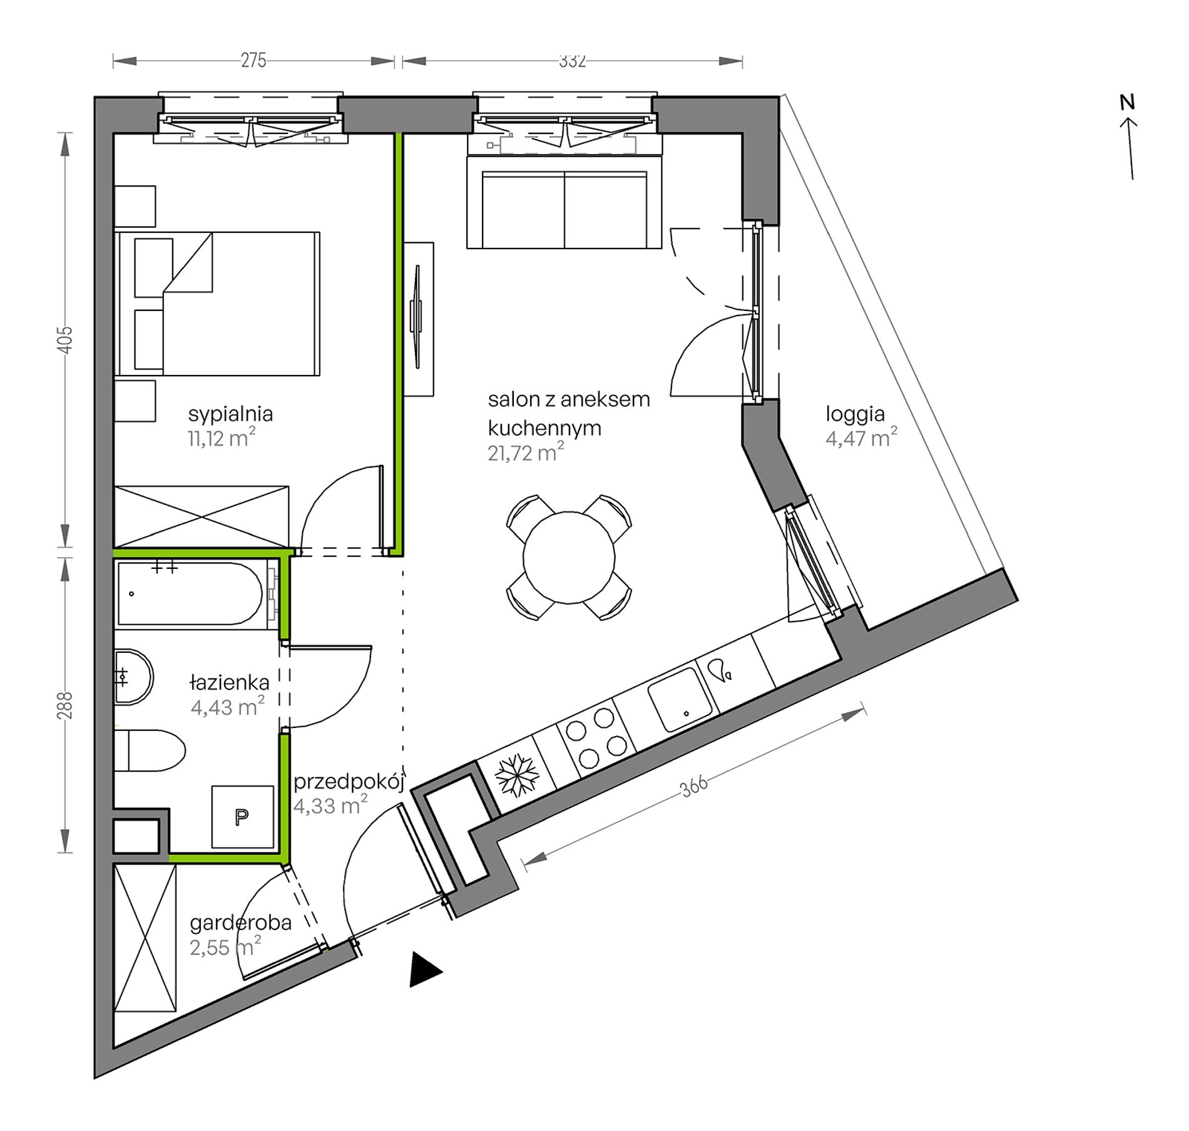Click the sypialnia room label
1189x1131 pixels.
230,414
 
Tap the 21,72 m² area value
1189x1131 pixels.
526,453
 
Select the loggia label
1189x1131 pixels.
855,415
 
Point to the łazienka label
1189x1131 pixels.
230,682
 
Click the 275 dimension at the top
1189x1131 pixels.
253,61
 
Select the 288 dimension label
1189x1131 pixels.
66,705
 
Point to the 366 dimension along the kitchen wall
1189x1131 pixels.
694,786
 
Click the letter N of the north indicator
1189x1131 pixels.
1127,102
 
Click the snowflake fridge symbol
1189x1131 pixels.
517,775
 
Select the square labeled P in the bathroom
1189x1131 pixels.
243,817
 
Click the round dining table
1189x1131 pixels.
569,558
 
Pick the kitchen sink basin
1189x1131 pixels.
680,699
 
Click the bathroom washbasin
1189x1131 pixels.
133,677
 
